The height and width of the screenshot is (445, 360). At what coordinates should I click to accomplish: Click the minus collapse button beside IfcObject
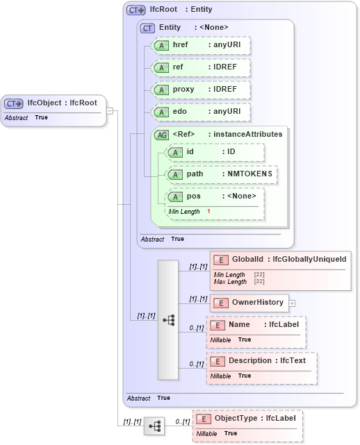point(110,110)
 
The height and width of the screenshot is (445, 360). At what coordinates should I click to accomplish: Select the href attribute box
point(201,45)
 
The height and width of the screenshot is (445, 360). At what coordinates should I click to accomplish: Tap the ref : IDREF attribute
point(201,68)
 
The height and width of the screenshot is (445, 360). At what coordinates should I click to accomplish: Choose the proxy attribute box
point(201,90)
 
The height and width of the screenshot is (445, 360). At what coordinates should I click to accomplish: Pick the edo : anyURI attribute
point(201,112)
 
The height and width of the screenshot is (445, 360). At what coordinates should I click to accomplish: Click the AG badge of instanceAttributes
point(161,135)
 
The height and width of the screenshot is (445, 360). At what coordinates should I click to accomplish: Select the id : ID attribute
point(215,152)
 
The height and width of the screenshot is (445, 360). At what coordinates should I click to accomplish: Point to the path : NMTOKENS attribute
point(222,174)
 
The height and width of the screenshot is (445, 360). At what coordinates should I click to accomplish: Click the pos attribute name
point(194,196)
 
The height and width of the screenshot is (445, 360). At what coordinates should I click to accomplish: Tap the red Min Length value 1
point(208,211)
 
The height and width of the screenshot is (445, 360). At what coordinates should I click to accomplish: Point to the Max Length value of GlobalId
point(259,282)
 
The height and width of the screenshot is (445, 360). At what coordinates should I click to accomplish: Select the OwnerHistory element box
point(249,303)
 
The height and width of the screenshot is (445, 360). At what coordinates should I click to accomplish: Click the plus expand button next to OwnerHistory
point(293,303)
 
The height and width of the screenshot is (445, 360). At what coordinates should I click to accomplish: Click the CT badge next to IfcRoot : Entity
point(136,10)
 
